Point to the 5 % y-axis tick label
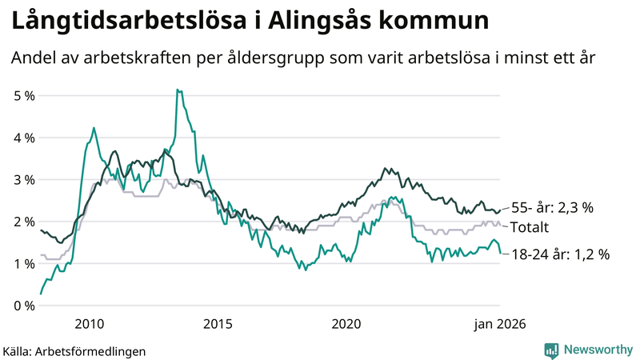24,96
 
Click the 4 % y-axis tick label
24,138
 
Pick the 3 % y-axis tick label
24,180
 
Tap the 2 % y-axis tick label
24,222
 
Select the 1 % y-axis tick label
24,264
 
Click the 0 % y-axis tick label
24,306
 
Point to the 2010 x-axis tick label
89,323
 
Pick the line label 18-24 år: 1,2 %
560,255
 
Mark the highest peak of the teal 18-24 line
178,90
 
